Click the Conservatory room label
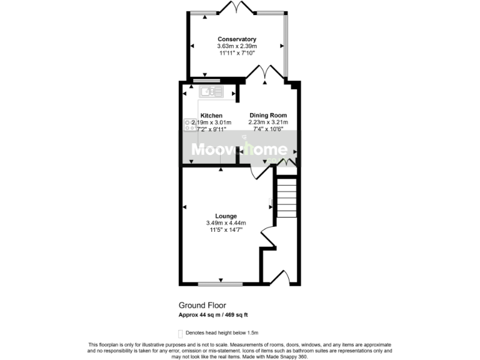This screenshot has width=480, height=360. (237, 39)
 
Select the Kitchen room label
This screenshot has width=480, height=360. (211, 116)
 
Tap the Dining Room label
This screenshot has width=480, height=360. (268, 116)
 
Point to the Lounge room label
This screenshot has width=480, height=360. (226, 216)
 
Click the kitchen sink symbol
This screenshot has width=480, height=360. (211, 92)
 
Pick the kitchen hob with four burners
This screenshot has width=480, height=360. (189, 126)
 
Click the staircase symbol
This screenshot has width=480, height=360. (286, 197)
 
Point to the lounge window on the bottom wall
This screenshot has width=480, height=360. (221, 284)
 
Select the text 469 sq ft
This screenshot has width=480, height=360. (238, 315)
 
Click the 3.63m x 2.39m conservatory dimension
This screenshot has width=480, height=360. (237, 46)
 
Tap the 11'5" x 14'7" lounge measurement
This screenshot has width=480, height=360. (226, 230)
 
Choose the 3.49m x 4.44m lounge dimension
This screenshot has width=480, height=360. (226, 223)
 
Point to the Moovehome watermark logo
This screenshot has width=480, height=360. (239, 150)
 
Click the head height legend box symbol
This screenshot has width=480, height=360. (181, 333)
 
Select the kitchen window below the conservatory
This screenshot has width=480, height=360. (205, 80)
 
